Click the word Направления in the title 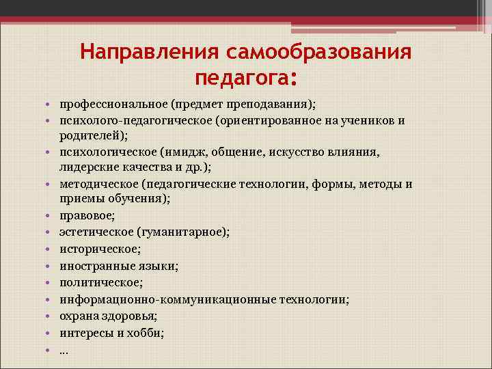coord(146,53)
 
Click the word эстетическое coord(95,232)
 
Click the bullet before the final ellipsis coord(51,350)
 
